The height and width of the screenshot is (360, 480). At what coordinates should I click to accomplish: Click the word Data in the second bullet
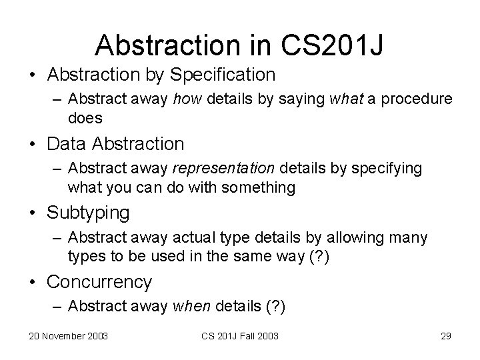pyautogui.click(x=66, y=143)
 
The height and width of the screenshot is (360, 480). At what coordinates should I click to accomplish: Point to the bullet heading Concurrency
pyautogui.click(x=99, y=282)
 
